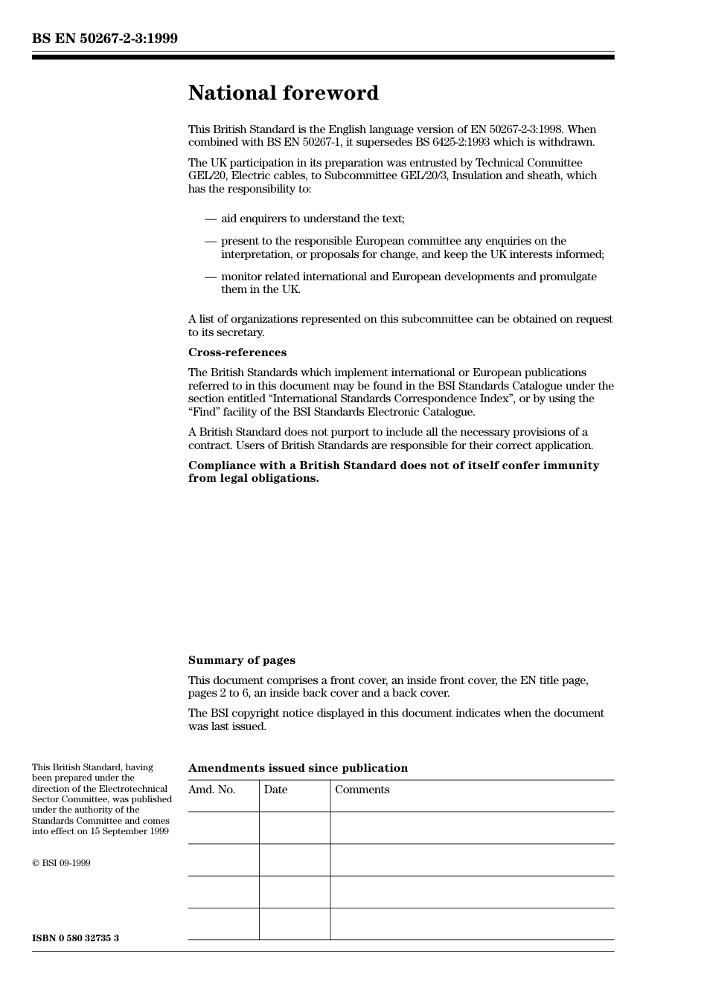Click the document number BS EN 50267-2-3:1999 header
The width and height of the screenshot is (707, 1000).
click(x=104, y=39)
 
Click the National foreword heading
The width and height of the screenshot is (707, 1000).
click(x=283, y=93)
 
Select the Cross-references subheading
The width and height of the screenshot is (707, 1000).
click(x=237, y=352)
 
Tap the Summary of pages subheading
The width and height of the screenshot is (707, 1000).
click(x=241, y=660)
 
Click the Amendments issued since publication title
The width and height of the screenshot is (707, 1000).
click(x=298, y=768)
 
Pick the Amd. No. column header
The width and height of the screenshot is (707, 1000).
click(x=211, y=790)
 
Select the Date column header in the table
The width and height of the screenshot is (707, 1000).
click(x=275, y=790)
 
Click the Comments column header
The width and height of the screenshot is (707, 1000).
click(x=362, y=790)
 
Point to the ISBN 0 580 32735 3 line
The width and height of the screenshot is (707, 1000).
click(x=75, y=938)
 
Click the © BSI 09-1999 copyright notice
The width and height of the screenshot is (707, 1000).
click(x=61, y=863)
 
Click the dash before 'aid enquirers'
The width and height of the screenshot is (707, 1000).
click(x=211, y=219)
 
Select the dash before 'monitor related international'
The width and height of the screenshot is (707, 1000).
click(x=211, y=277)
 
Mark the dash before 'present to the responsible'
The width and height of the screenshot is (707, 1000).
click(x=211, y=241)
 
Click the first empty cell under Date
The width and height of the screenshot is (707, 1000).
click(x=294, y=828)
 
